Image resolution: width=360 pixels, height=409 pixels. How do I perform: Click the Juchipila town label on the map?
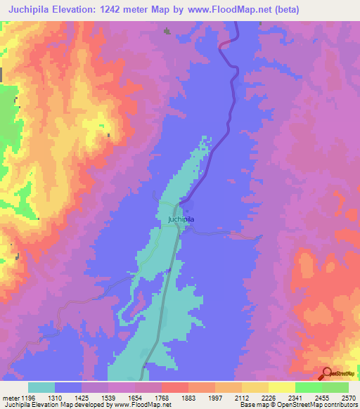click(181, 219)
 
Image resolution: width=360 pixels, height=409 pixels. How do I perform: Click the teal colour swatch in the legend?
click(41, 387)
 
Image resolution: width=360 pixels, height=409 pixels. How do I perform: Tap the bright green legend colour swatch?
click(308, 387)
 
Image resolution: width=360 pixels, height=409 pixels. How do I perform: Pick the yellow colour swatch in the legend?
click(281, 387)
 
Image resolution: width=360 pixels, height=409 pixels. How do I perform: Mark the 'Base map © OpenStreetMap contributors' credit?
click(298, 405)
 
